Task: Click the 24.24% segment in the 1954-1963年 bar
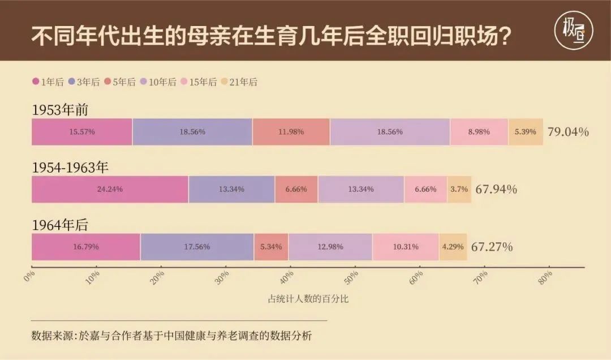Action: click(x=110, y=189)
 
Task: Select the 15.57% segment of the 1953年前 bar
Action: click(x=82, y=131)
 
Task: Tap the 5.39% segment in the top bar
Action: click(x=525, y=131)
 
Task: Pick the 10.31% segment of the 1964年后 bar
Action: click(x=405, y=247)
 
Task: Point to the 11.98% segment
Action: click(x=291, y=131)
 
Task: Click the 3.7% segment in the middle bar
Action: click(x=459, y=189)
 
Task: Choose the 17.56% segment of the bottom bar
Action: click(x=197, y=247)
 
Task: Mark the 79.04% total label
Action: click(x=568, y=132)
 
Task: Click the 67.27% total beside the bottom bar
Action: click(x=492, y=247)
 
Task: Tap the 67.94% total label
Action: click(x=496, y=189)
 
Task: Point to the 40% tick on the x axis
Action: click(x=288, y=277)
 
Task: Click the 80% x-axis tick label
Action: click(x=546, y=277)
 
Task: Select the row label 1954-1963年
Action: click(x=70, y=168)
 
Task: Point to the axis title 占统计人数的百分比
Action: click(x=308, y=299)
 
